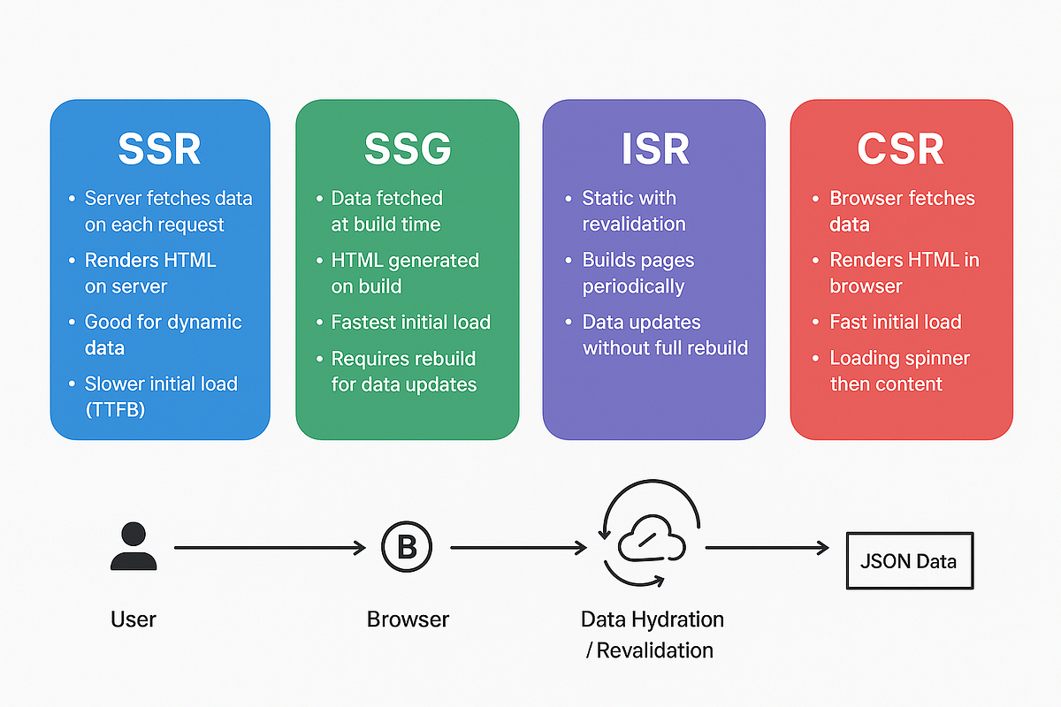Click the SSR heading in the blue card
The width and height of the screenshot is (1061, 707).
[159, 148]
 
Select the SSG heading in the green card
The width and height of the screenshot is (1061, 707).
[408, 148]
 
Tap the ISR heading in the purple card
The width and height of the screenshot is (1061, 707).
[655, 148]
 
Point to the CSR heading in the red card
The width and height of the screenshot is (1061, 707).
[900, 148]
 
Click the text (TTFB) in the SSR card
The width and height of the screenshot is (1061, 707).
[115, 409]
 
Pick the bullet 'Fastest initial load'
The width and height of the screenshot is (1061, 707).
[410, 322]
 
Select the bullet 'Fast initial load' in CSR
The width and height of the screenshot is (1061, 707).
[896, 322]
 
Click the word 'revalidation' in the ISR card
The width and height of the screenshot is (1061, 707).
[634, 224]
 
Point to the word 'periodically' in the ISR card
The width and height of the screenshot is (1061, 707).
[633, 286]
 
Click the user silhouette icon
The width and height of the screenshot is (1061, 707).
[134, 546]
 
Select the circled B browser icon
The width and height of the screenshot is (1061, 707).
[407, 547]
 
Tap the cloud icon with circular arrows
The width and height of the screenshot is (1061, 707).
[652, 534]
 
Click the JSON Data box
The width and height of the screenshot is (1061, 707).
[910, 560]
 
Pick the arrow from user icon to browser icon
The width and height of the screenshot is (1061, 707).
[270, 548]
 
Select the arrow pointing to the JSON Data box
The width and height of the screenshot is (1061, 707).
[767, 548]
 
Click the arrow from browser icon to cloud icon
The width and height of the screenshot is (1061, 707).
[519, 548]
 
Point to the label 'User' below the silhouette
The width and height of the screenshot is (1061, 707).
[134, 620]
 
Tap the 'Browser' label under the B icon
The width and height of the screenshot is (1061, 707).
[408, 620]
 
